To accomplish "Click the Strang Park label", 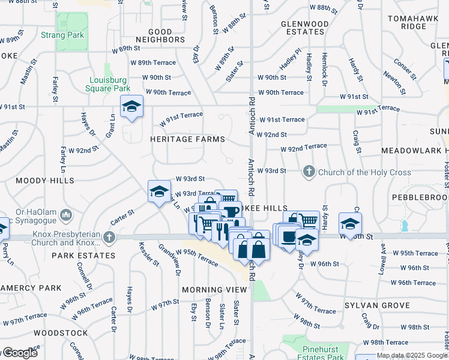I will (x=62, y=35).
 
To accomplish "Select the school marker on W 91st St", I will (x=131, y=107).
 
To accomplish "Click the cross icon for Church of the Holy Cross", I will (x=309, y=172).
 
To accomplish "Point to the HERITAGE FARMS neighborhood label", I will (x=187, y=139).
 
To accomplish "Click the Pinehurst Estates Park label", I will (x=315, y=352).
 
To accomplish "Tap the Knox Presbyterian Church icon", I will (x=109, y=237).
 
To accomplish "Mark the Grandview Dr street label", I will (x=169, y=259).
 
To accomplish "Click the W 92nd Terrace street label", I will (x=304, y=148).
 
